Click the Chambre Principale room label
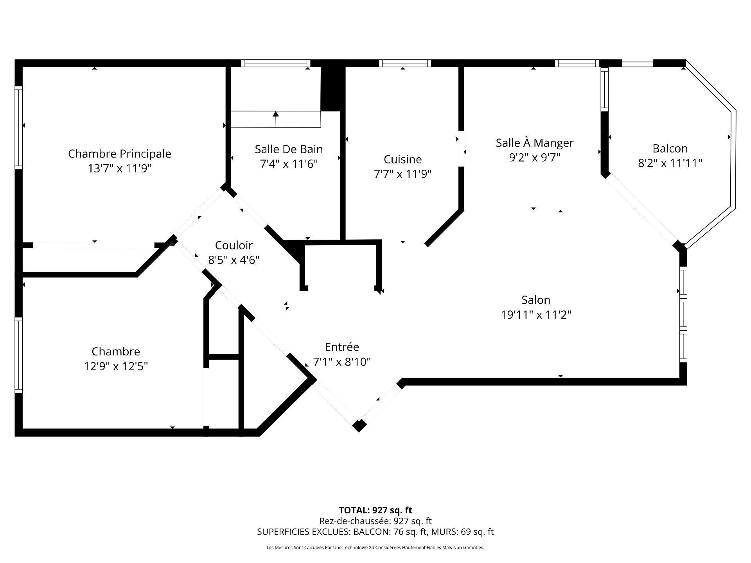(120, 154)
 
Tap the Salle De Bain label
(289, 149)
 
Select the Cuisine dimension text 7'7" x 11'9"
(403, 174)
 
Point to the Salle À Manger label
(535, 142)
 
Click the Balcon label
(670, 149)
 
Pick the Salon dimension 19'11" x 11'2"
(536, 314)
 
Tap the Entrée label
(342, 347)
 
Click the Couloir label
(234, 245)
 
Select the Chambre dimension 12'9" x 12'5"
(116, 366)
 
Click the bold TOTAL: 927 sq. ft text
(375, 510)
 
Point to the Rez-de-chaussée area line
(375, 521)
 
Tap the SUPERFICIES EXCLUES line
(375, 532)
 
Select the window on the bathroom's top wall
(275, 63)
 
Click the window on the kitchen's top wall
(405, 63)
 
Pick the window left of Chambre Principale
(19, 127)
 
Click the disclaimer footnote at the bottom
(375, 548)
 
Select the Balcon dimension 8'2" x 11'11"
(670, 163)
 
